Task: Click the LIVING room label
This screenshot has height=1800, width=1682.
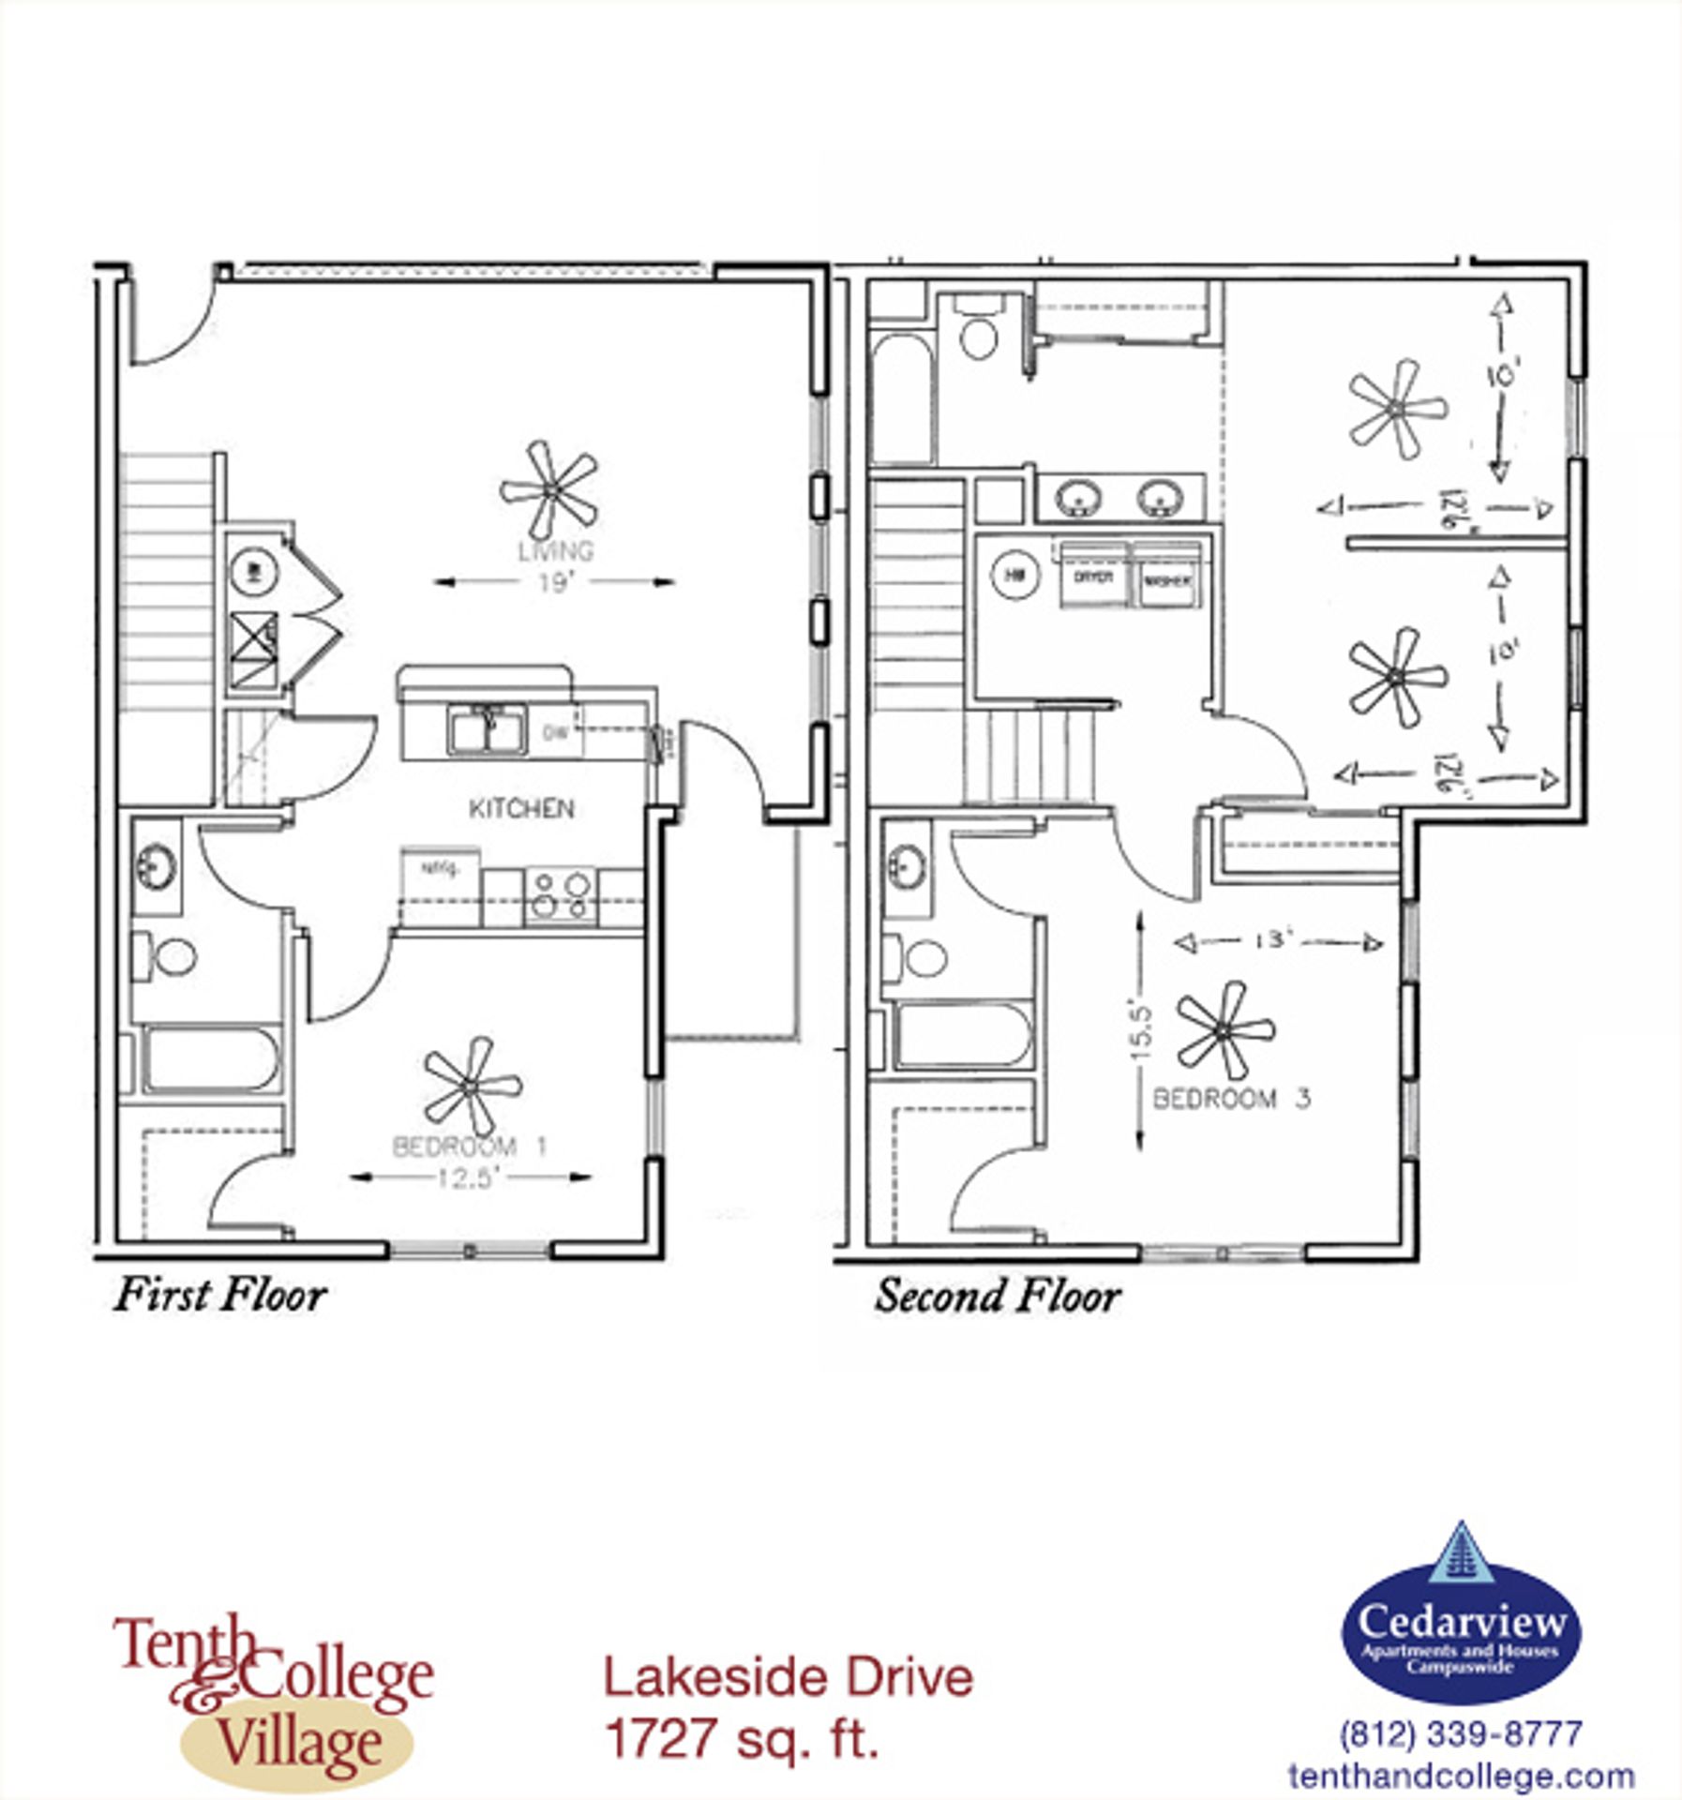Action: click(555, 551)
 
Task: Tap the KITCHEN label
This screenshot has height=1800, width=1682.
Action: click(521, 808)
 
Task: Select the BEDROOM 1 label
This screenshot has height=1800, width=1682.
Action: click(469, 1146)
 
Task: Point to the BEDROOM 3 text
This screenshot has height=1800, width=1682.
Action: click(1231, 1099)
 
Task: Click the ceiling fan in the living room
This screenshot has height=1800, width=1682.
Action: click(550, 489)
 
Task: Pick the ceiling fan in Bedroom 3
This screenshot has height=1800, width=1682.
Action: click(1224, 1030)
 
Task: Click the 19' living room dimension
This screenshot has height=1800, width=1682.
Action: click(555, 583)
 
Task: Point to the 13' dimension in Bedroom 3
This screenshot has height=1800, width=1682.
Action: click(1276, 940)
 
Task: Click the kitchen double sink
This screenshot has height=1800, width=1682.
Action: click(486, 730)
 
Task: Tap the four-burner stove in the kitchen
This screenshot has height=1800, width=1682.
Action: click(560, 894)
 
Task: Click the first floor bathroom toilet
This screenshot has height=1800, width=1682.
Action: click(169, 956)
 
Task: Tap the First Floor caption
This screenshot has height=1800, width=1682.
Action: click(220, 1295)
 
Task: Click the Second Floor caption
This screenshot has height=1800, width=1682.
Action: click(998, 1297)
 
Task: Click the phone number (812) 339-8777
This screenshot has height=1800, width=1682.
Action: click(1461, 1732)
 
